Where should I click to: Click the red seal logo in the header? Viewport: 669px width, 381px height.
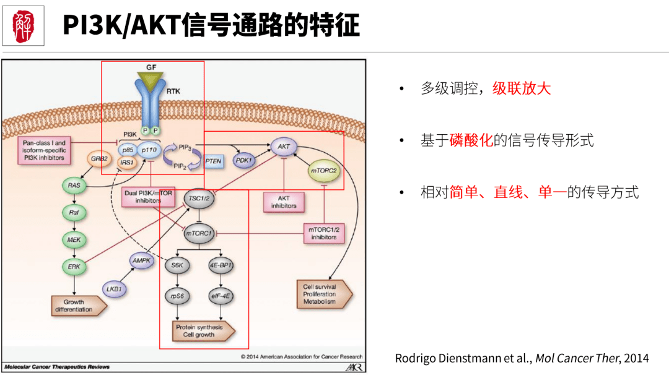click(x=24, y=25)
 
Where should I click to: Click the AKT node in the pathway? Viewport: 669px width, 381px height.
click(x=284, y=147)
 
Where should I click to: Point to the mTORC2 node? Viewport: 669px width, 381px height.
click(x=325, y=170)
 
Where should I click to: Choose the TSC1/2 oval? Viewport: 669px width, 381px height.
click(x=199, y=197)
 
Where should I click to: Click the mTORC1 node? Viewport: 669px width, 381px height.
click(x=199, y=234)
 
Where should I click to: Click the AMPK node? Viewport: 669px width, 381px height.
click(x=142, y=261)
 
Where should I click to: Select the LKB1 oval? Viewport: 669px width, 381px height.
click(x=114, y=289)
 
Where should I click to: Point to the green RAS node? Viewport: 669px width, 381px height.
click(x=74, y=184)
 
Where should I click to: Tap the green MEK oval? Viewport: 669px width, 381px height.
click(x=74, y=239)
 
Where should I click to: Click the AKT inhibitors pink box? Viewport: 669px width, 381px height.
click(x=283, y=202)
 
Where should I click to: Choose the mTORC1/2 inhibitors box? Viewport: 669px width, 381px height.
click(x=324, y=233)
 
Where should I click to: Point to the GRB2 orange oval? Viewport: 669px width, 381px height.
click(x=99, y=158)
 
